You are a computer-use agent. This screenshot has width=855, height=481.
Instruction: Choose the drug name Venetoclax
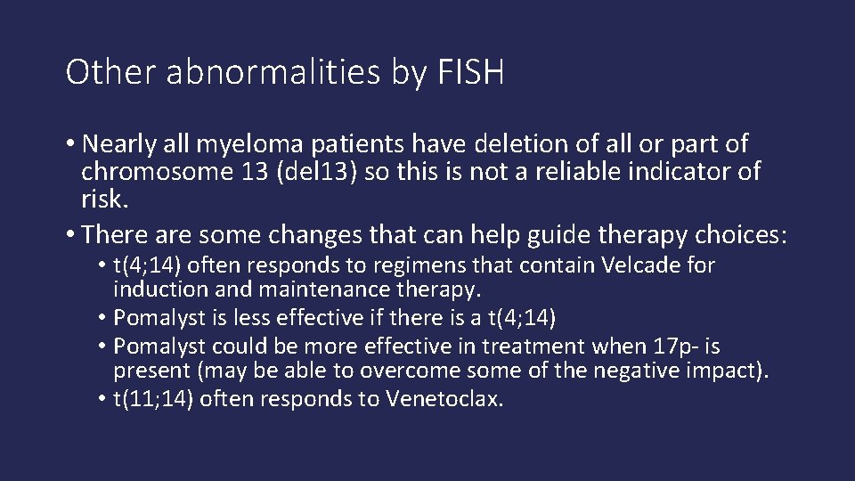coord(444,398)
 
